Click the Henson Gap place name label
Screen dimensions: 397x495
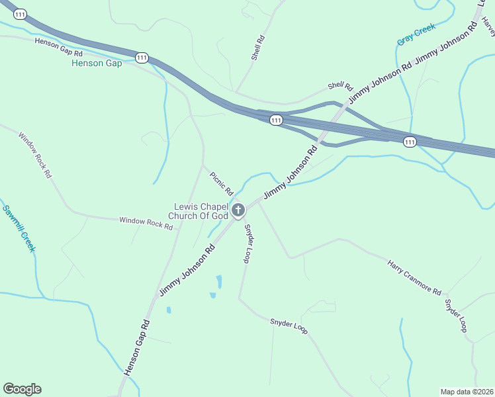pyautogui.click(x=97, y=64)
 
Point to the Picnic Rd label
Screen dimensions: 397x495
pyautogui.click(x=222, y=183)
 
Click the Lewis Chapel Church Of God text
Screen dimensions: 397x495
pyautogui.click(x=201, y=211)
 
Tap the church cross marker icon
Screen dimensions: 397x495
pyautogui.click(x=238, y=210)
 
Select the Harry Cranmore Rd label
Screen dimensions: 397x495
pyautogui.click(x=414, y=277)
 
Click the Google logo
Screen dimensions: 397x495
pyautogui.click(x=22, y=389)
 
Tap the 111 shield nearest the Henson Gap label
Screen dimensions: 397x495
pyautogui.click(x=142, y=58)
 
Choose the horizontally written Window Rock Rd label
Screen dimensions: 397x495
pyautogui.click(x=146, y=223)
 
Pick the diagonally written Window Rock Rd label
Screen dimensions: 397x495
pyautogui.click(x=35, y=155)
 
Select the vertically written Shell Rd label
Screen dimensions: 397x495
pyautogui.click(x=258, y=48)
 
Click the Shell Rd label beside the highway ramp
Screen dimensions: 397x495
pyautogui.click(x=340, y=87)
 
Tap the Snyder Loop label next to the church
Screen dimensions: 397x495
pyautogui.click(x=248, y=243)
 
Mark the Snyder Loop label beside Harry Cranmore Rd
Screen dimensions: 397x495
pyautogui.click(x=457, y=316)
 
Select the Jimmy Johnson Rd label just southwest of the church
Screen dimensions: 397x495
pyautogui.click(x=187, y=271)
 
